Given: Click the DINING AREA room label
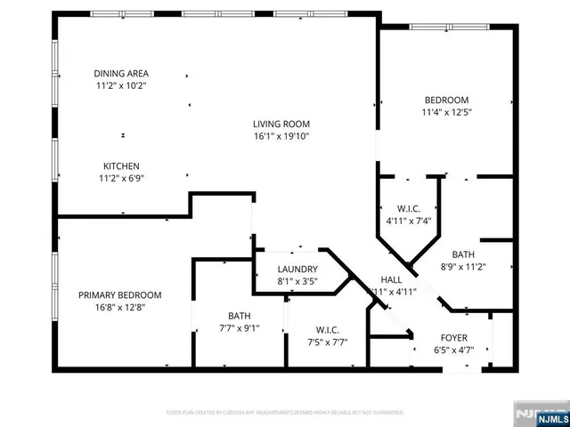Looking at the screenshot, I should (121, 73).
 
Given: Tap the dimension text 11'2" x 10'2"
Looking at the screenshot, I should (121, 86).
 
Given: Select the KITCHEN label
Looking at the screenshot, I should (121, 165).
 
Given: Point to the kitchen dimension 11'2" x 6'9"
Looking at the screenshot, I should (121, 178).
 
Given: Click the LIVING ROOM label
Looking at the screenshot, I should (280, 125).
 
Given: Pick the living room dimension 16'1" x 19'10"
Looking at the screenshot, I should (280, 137).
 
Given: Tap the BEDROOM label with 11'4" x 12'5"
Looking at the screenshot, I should (445, 101).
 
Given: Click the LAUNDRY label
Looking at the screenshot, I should (297, 269).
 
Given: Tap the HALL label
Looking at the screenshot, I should (391, 278).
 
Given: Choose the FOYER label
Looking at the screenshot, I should (454, 338).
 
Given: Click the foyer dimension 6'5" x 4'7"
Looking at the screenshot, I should (454, 350).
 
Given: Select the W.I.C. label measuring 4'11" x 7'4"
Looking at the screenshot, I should (409, 207).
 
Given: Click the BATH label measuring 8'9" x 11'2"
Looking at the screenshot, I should (463, 253).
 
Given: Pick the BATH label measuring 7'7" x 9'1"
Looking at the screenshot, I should (240, 314).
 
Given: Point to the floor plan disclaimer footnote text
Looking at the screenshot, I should (285, 413).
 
